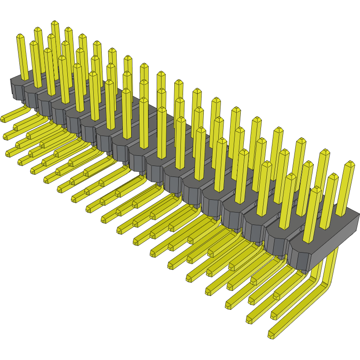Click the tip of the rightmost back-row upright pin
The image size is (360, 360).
pyautogui.click(x=350, y=164)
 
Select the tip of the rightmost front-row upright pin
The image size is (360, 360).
pyautogui.click(x=316, y=189)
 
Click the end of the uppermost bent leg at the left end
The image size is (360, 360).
pyautogui.click(x=4, y=118)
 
